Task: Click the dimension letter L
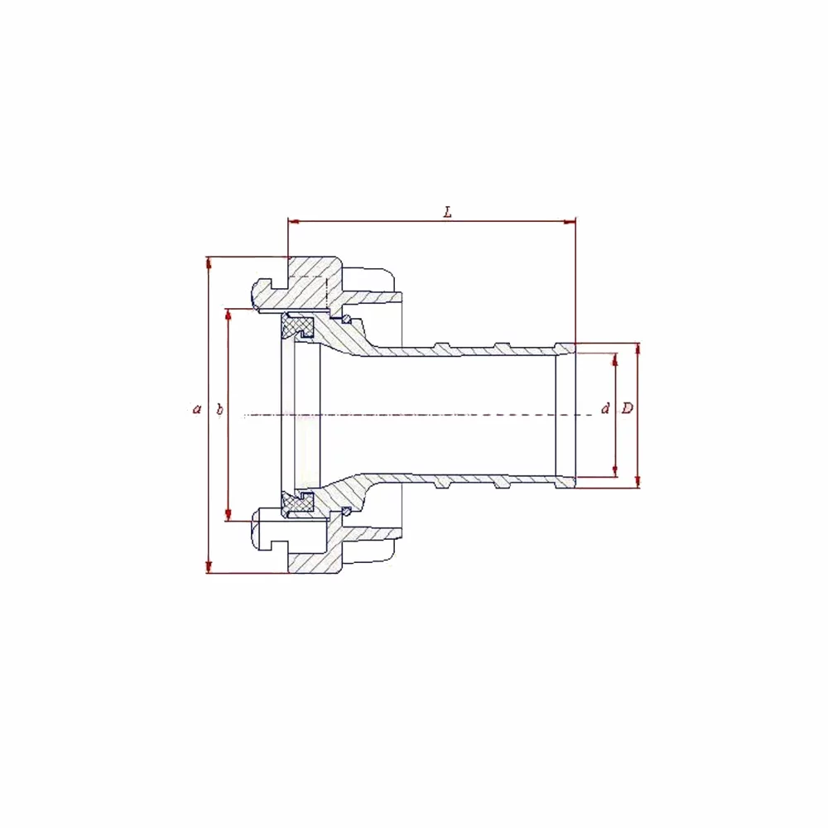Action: (x=448, y=212)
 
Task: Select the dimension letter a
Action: (x=197, y=409)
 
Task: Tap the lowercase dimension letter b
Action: (x=219, y=409)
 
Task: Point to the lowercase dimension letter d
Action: (x=606, y=407)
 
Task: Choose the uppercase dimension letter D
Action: (x=628, y=407)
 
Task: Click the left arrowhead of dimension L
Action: (x=294, y=221)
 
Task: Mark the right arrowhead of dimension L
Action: (x=570, y=221)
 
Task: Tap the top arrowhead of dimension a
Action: (x=209, y=263)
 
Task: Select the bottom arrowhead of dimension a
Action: (x=209, y=566)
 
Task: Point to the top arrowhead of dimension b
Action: (x=229, y=315)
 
